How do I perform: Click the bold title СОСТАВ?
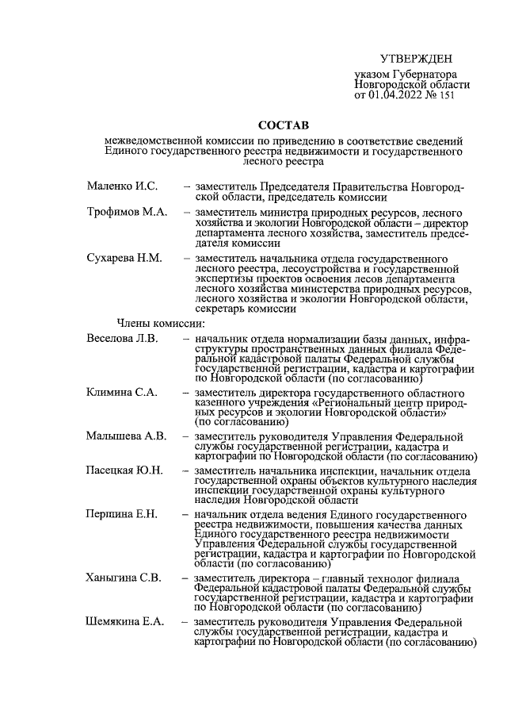283,125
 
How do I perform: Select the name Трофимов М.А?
127,213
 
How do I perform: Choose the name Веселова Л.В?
123,339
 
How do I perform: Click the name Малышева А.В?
125,436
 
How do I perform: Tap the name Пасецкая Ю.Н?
124,470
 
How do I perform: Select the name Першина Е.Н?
122,514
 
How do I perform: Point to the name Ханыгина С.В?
124,577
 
